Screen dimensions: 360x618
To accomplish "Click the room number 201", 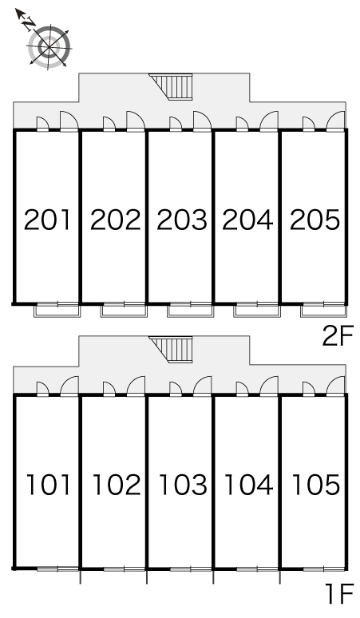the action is coord(47,220).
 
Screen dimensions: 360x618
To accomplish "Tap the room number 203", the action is coord(181,220).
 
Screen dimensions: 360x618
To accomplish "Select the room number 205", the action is coord(315,220).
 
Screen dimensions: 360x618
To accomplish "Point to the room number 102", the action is coord(117,485).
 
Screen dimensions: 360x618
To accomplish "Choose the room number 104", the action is coord(249,485).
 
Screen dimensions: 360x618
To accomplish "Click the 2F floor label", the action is coord(338,335).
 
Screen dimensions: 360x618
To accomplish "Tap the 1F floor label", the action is coord(339,594).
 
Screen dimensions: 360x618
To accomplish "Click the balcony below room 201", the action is coord(57,310).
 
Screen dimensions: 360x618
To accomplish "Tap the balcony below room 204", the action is coord(257,310).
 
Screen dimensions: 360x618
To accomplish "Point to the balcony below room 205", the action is coord(324,310).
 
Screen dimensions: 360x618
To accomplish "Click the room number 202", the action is coord(116,220).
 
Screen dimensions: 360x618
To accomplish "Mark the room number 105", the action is coord(316,485).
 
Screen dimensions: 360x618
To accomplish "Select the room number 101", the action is coord(48,485).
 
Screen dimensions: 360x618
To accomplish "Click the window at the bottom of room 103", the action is coord(191,569).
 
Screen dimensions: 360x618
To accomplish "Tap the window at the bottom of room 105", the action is coord(324,569).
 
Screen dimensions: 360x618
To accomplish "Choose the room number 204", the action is coord(247,220).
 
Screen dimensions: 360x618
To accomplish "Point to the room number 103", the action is coord(183,485).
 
